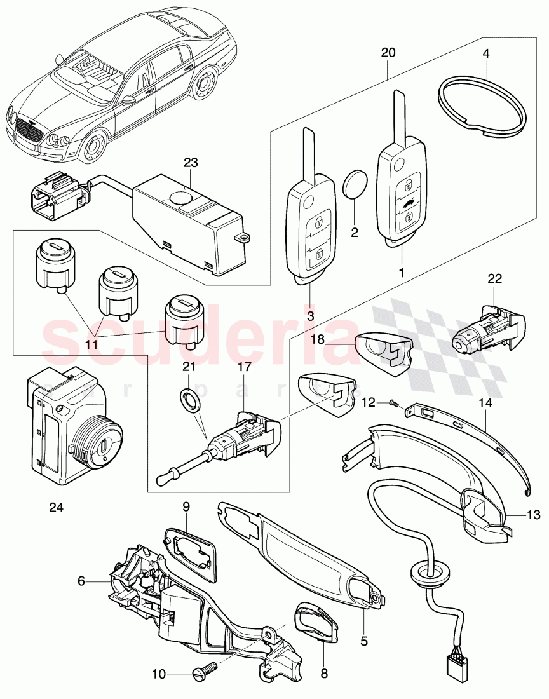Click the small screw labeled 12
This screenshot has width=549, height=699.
click(392, 402)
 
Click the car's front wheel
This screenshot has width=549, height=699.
click(95, 148)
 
